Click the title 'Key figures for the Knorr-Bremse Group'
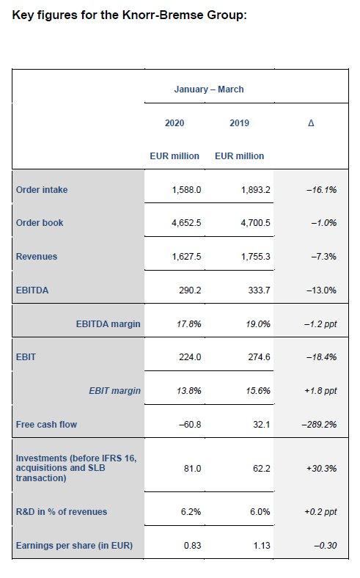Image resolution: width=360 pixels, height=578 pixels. (129, 15)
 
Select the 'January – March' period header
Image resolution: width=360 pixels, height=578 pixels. (209, 89)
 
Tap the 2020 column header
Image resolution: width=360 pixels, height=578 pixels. (175, 122)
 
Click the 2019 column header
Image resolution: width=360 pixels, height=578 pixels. (239, 122)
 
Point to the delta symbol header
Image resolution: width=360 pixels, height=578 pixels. (311, 122)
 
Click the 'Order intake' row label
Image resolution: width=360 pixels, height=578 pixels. (42, 190)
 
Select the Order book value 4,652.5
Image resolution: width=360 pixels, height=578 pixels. (186, 223)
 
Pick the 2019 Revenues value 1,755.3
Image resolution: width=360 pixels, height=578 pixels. (256, 257)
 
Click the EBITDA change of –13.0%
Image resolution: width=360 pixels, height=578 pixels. (321, 290)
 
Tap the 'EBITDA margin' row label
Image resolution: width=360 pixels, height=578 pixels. (109, 324)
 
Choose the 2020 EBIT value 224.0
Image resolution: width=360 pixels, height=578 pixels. (190, 357)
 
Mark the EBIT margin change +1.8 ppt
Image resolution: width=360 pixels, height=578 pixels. (320, 391)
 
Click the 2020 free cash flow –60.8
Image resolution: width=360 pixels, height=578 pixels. (190, 425)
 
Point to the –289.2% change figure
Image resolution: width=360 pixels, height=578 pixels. (319, 425)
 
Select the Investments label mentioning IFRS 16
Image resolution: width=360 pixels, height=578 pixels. (76, 468)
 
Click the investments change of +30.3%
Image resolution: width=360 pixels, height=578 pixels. (321, 469)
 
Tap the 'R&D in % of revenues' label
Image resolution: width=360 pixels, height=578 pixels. (62, 512)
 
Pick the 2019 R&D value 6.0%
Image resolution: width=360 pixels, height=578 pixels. (260, 512)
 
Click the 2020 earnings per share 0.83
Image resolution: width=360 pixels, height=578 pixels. (193, 546)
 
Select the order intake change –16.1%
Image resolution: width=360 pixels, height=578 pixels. (321, 190)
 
